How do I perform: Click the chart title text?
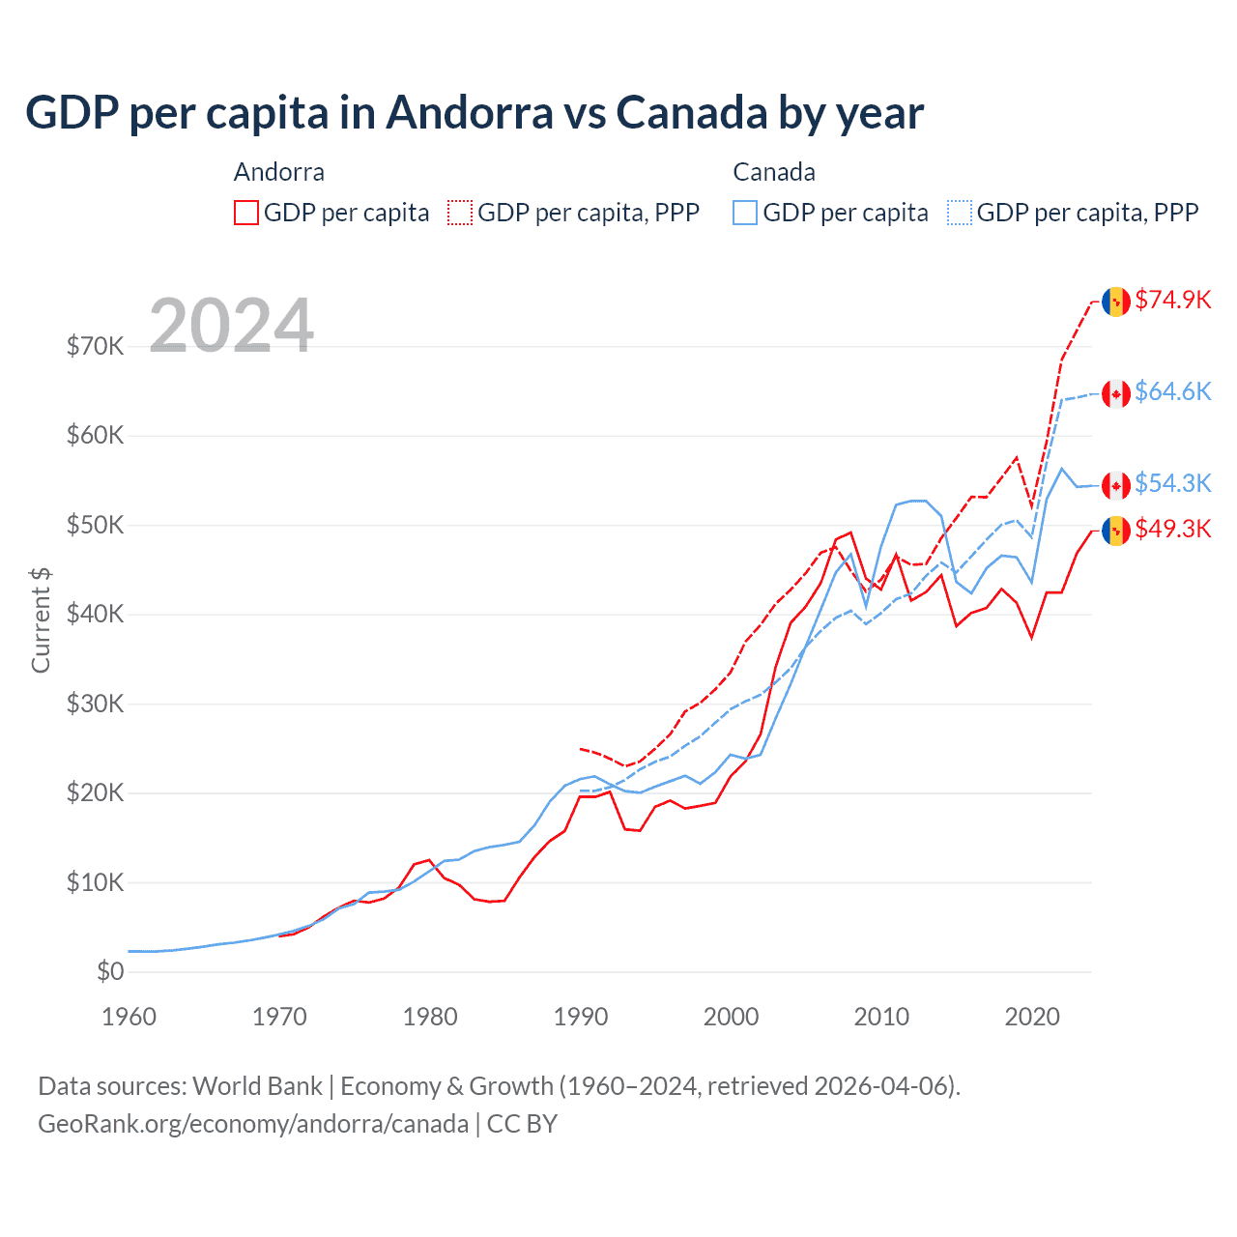(475, 112)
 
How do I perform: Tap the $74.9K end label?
(1172, 300)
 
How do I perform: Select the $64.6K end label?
(1172, 391)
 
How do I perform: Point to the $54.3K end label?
(1172, 483)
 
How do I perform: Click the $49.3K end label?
(1172, 529)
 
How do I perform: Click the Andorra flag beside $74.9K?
(1116, 302)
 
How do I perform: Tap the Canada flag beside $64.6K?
(1116, 393)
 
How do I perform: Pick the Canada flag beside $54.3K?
(1116, 485)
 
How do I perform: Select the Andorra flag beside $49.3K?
(1116, 531)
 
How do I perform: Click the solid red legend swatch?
(246, 213)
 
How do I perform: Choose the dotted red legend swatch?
(460, 213)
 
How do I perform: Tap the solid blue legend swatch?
(745, 213)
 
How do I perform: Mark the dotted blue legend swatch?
(960, 213)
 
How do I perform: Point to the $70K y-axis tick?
(95, 346)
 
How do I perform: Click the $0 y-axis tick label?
(110, 971)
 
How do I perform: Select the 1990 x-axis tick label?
(581, 1017)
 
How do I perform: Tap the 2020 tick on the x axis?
(1032, 1017)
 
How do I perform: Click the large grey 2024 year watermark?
(232, 325)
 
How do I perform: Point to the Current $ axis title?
(41, 620)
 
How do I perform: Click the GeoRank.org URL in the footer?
(253, 1124)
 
